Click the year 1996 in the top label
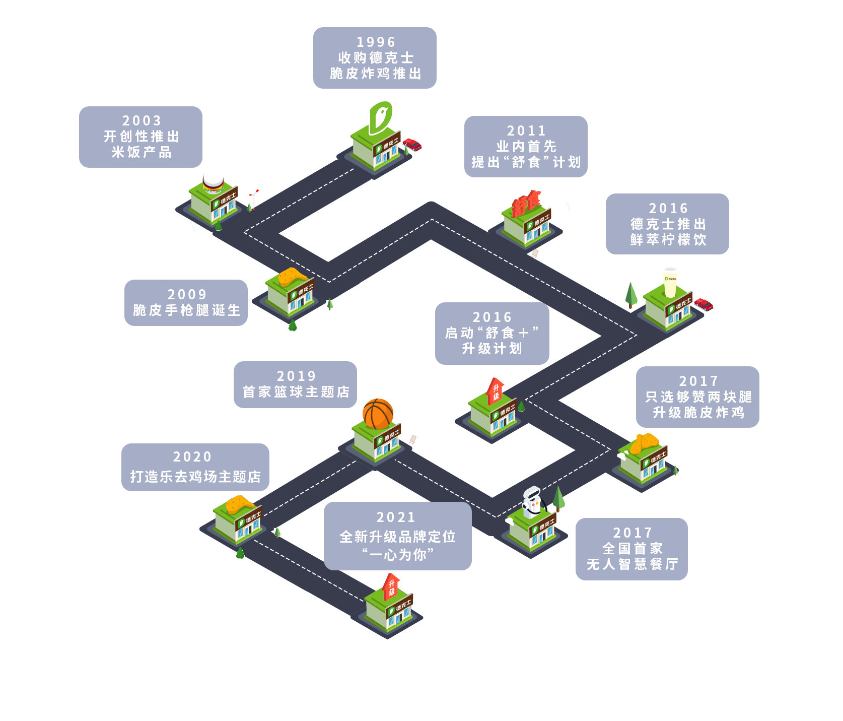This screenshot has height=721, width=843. [x=376, y=42]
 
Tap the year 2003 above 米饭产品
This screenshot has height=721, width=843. [x=142, y=120]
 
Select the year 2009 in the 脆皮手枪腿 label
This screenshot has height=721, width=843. [x=187, y=294]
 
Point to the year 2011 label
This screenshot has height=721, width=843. [x=526, y=130]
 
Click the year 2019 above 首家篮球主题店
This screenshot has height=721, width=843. [x=296, y=376]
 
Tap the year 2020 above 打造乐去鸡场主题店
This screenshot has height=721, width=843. [x=192, y=456]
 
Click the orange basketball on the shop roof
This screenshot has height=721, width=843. [x=378, y=413]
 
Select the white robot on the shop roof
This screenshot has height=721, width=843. [x=531, y=502]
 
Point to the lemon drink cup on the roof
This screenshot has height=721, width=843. [x=670, y=283]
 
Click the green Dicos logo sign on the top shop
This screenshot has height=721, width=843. [x=381, y=117]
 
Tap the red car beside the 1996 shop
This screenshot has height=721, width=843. [x=412, y=145]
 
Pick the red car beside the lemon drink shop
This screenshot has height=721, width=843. [x=704, y=304]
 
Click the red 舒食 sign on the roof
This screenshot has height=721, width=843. [x=526, y=203]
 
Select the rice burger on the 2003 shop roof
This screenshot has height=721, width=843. [x=213, y=180]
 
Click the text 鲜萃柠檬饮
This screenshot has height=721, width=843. [x=668, y=240]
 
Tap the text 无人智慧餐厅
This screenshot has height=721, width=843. [x=632, y=564]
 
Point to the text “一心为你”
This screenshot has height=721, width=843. [x=398, y=555]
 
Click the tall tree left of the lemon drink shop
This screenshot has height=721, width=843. [x=631, y=294]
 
